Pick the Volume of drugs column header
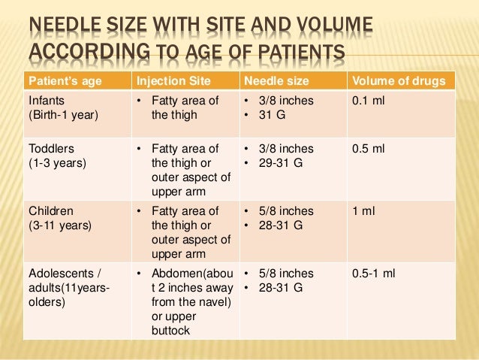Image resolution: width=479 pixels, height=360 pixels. coord(398,80)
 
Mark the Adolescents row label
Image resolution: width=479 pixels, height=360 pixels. coord(65,274)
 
